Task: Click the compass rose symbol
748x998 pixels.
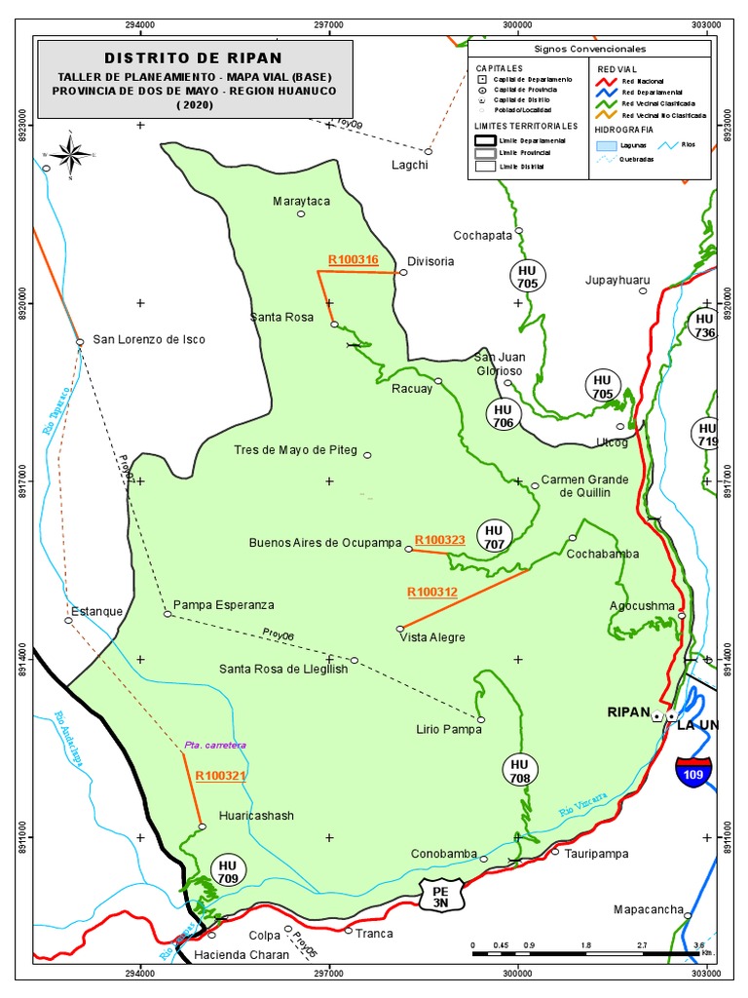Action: (x=70, y=154)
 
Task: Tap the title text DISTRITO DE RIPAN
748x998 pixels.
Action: (x=193, y=58)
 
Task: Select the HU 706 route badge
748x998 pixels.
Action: (x=503, y=415)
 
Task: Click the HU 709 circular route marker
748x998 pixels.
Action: (x=228, y=871)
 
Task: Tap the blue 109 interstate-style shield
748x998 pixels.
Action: (x=692, y=771)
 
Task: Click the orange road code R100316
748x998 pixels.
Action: (x=353, y=259)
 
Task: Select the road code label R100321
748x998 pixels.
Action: (x=219, y=776)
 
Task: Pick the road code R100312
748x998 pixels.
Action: (x=431, y=592)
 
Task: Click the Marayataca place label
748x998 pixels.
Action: (x=301, y=201)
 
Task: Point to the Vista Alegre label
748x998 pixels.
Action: (x=432, y=637)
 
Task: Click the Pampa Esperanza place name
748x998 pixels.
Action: (x=224, y=604)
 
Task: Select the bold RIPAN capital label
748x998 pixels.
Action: (x=627, y=712)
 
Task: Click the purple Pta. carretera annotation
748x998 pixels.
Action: (x=215, y=745)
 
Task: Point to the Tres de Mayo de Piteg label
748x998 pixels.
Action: (x=296, y=450)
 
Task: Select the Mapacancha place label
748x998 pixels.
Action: (x=648, y=910)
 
